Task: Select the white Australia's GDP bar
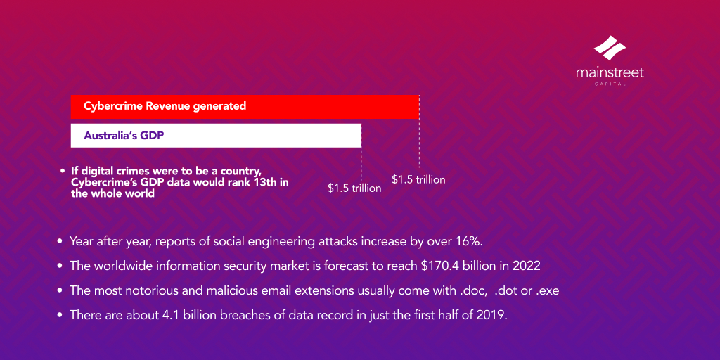(x=216, y=136)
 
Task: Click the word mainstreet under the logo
(x=610, y=72)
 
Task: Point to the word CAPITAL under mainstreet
(x=610, y=84)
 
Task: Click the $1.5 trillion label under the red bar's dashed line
(x=418, y=180)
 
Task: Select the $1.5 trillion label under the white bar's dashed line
(x=354, y=188)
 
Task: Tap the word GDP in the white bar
(x=151, y=136)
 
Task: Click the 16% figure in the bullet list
(x=467, y=241)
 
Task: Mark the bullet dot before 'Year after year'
(x=60, y=241)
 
